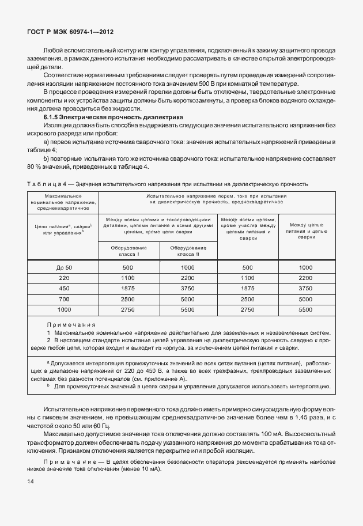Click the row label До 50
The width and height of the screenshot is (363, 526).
64,268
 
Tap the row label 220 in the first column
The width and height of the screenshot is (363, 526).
64,278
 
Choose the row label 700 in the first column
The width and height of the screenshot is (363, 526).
64,299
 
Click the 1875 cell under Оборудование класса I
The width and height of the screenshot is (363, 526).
127,289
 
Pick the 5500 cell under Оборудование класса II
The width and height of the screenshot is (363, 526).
188,309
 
